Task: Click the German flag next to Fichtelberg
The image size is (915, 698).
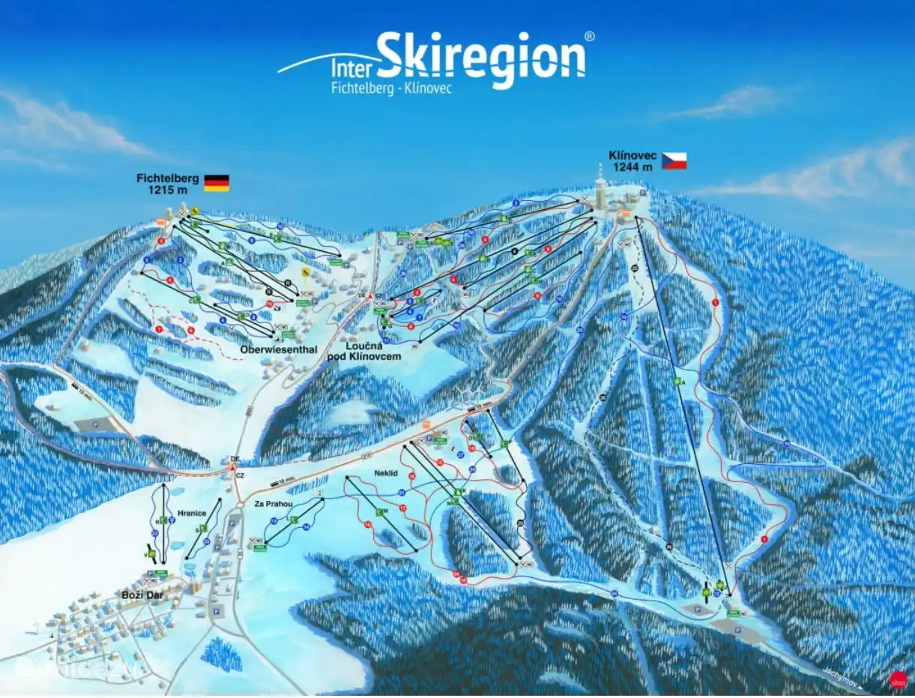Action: point(217,183)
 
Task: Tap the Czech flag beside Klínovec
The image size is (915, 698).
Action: point(674,160)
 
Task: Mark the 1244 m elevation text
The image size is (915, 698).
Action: point(632,167)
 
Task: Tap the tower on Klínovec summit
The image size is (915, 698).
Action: point(600,183)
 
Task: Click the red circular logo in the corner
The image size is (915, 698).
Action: point(898,681)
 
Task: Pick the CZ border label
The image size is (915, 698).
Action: point(241,475)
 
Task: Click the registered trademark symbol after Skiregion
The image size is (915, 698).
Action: point(590,35)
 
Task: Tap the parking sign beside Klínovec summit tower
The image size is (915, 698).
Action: point(643,193)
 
